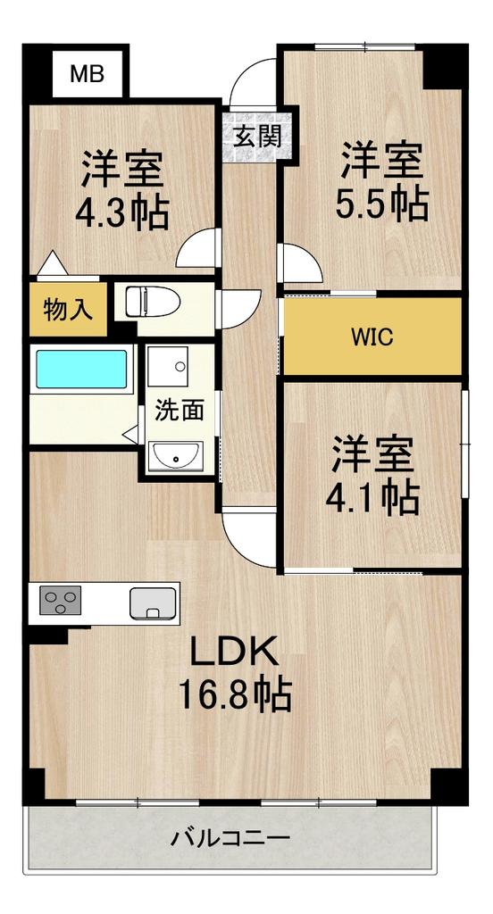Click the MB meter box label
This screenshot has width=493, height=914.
point(87,74)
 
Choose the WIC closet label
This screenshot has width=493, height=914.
point(372,337)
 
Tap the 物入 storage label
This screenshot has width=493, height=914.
point(68,310)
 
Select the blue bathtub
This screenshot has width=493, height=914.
point(81,369)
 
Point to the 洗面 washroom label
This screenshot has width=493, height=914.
point(180,411)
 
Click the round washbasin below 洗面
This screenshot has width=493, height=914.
point(175,456)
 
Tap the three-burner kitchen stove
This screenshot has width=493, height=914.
point(60,601)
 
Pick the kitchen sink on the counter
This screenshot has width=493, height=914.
point(153,602)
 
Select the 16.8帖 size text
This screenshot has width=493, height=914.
point(235,694)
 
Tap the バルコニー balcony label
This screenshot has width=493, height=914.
point(230,839)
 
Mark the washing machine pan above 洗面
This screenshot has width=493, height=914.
point(168,367)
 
